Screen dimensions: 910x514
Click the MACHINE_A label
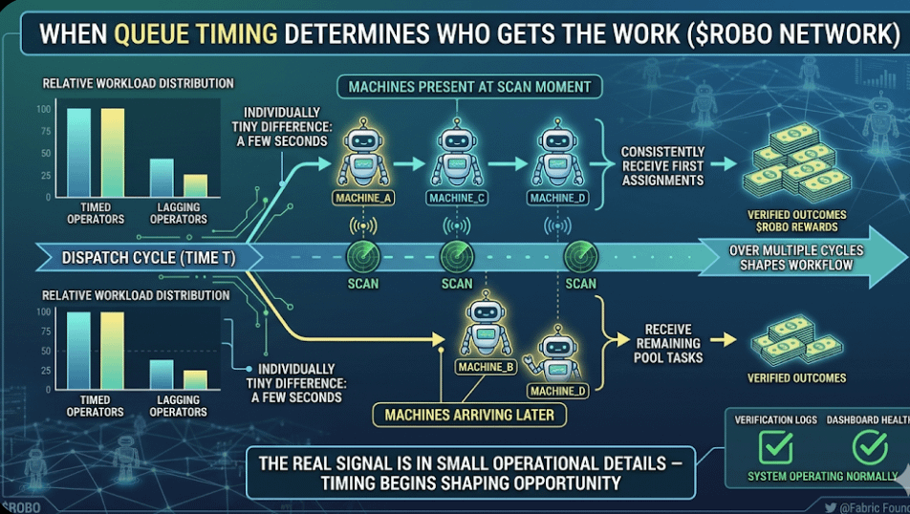pos(364,198)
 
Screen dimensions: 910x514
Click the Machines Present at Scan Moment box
pos(469,87)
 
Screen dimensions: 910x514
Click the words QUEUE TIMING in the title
pos(197,36)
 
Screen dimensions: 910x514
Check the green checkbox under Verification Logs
pos(774,446)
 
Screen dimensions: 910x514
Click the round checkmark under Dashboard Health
pos(869,446)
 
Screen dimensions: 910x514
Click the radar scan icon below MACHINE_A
pos(363,255)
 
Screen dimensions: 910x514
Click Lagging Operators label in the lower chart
pos(179,406)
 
